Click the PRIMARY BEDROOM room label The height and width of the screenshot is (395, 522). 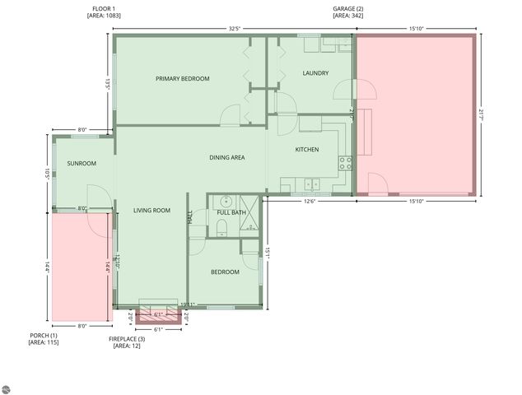pyautogui.click(x=183, y=79)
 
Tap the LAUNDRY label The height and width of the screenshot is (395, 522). pyautogui.click(x=315, y=73)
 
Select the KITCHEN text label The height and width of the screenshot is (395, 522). pyautogui.click(x=307, y=150)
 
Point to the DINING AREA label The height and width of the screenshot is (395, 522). pyautogui.click(x=226, y=158)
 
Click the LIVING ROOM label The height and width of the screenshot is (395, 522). pyautogui.click(x=151, y=211)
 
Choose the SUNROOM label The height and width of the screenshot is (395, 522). pyautogui.click(x=82, y=164)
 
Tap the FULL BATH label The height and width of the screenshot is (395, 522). pyautogui.click(x=231, y=213)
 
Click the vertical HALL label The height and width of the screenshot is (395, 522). pyautogui.click(x=190, y=218)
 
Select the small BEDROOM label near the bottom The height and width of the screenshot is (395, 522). pyautogui.click(x=225, y=272)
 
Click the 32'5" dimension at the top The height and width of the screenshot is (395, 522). pyautogui.click(x=235, y=29)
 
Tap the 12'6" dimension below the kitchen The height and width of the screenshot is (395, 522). pyautogui.click(x=310, y=202)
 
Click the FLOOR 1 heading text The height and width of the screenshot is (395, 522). pyautogui.click(x=104, y=8)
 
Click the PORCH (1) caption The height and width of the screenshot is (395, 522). pyautogui.click(x=44, y=335)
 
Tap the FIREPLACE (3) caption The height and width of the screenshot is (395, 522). pyautogui.click(x=127, y=339)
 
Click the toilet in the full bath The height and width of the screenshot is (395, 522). pyautogui.click(x=226, y=201)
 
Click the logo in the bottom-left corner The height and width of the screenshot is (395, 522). pyautogui.click(x=7, y=388)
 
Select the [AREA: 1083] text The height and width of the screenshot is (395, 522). pyautogui.click(x=104, y=16)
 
